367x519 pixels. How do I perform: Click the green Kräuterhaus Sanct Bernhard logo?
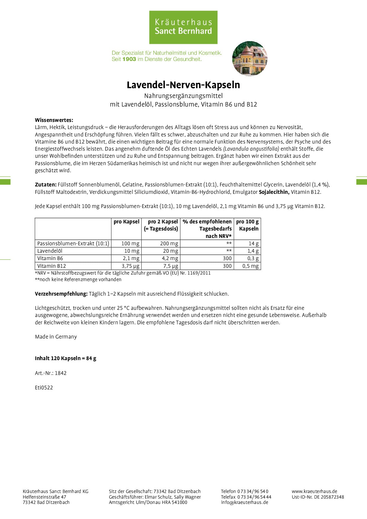(x=183, y=27)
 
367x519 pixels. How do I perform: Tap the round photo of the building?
(x=250, y=59)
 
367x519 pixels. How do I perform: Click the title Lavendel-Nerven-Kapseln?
(x=183, y=85)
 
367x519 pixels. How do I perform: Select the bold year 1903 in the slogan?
(x=129, y=59)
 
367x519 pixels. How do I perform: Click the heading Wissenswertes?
(x=54, y=120)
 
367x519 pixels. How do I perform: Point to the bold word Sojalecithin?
(x=274, y=192)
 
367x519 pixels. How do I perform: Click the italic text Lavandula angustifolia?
(x=251, y=149)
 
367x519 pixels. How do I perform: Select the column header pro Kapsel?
(x=126, y=222)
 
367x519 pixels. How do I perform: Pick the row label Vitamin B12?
(x=51, y=266)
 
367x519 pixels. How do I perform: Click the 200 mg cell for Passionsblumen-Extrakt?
(x=169, y=244)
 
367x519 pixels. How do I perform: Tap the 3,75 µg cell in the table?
(x=131, y=266)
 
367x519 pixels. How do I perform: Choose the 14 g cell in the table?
(x=253, y=244)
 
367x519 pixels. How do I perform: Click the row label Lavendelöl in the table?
(x=50, y=251)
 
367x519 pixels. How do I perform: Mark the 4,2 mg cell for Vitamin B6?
(x=170, y=258)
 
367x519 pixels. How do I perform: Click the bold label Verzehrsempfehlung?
(x=61, y=294)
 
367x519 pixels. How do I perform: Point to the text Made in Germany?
(x=56, y=337)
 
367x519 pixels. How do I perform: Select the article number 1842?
(x=61, y=373)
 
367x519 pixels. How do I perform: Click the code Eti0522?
(x=44, y=388)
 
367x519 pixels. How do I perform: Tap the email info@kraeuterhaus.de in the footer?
(x=244, y=502)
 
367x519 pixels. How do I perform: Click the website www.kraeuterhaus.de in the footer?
(x=314, y=491)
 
